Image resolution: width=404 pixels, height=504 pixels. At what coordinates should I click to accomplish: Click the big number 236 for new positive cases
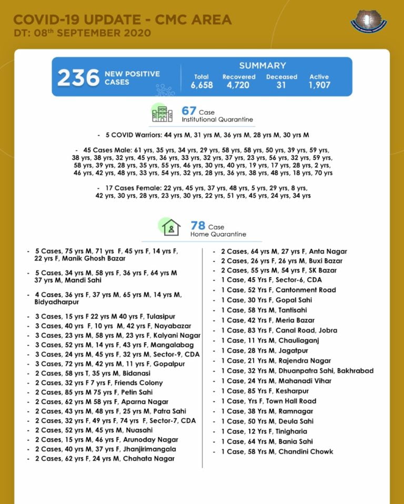pos(78,78)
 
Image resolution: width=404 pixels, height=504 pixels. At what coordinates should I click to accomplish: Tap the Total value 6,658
pos(202,85)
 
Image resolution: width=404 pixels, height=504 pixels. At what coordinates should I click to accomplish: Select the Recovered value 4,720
pos(238,85)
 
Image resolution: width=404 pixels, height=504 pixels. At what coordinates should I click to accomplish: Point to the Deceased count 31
pos(281,85)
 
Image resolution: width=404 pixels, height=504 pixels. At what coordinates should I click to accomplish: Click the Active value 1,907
pos(319,85)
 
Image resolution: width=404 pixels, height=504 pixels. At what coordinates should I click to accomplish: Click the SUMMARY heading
pos(262,66)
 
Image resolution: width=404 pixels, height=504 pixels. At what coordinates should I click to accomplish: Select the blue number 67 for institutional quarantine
pos(189,111)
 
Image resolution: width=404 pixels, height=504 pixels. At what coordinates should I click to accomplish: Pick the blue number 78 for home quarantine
pos(198,226)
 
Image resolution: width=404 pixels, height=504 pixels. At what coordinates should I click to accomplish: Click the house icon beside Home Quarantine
pos(170,228)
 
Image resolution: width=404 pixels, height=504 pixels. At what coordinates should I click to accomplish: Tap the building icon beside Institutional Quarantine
pos(162,113)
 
